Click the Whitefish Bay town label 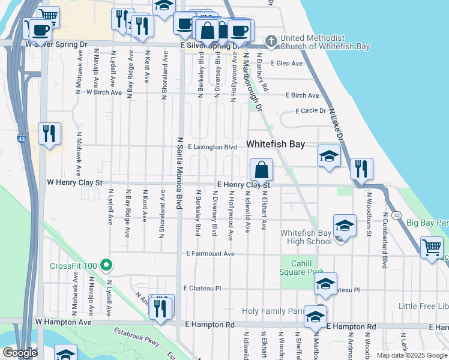[x=276, y=145]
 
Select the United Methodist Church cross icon [x=271, y=41]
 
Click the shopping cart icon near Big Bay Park [x=432, y=247]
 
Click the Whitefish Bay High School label [x=306, y=237]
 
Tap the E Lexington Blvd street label [x=213, y=146]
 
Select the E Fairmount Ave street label [x=210, y=254]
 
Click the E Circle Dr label [x=310, y=111]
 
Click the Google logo [x=20, y=353]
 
